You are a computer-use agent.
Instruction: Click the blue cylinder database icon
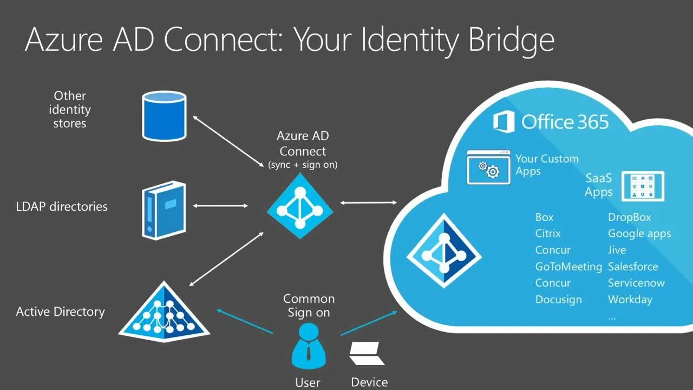pyautogui.click(x=164, y=116)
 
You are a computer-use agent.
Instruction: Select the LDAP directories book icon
pyautogui.click(x=164, y=210)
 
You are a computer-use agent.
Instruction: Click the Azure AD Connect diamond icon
pyautogui.click(x=300, y=206)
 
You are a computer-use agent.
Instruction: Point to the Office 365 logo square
pyautogui.click(x=504, y=121)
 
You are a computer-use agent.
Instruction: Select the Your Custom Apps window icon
pyautogui.click(x=488, y=167)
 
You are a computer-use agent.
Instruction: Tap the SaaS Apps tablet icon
pyautogui.click(x=643, y=186)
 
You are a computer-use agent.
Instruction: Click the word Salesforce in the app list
pyautogui.click(x=633, y=266)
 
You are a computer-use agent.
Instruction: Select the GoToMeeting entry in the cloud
pyautogui.click(x=568, y=266)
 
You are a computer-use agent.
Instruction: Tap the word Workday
pyautogui.click(x=630, y=300)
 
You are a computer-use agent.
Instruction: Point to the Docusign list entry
pyautogui.click(x=558, y=300)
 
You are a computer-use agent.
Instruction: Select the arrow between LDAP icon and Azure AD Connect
pyautogui.click(x=220, y=206)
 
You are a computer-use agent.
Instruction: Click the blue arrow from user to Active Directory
pyautogui.click(x=244, y=321)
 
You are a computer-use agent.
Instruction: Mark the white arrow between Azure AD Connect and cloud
pyautogui.click(x=369, y=203)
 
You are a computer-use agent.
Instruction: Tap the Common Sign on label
pyautogui.click(x=309, y=305)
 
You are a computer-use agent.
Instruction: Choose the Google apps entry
pyautogui.click(x=639, y=233)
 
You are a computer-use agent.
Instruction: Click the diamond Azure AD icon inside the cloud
pyautogui.click(x=444, y=251)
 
